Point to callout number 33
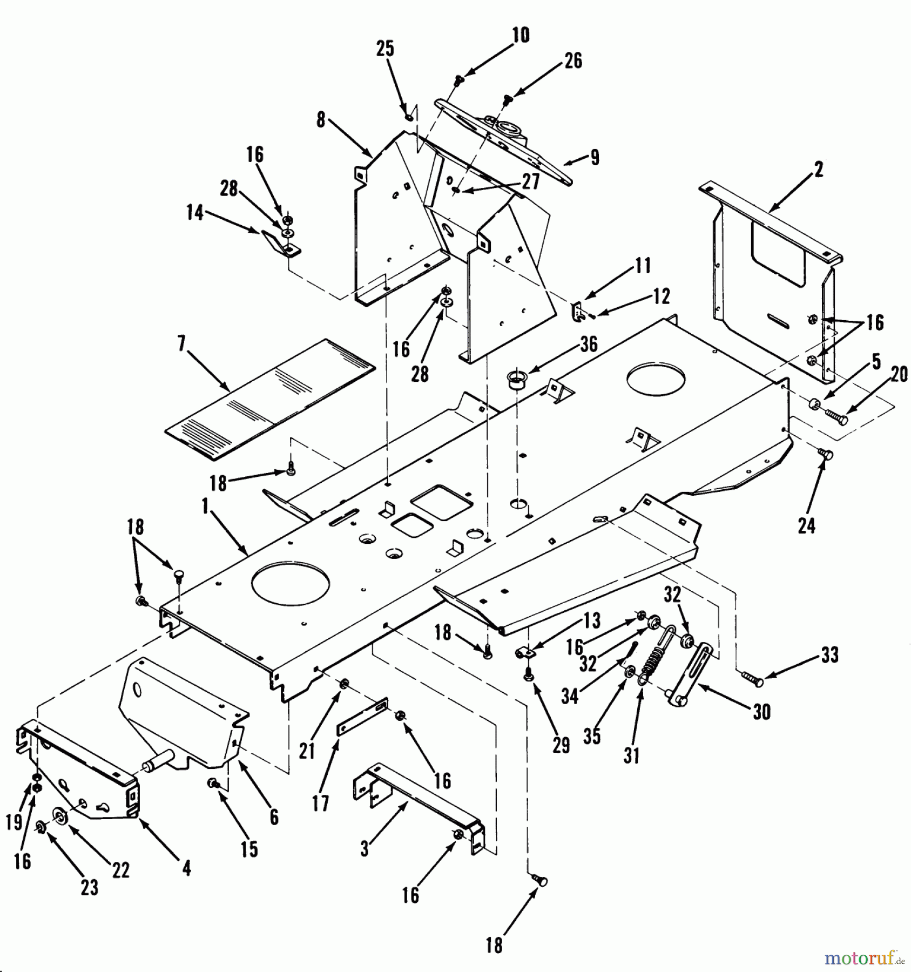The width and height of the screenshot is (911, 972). [x=829, y=656]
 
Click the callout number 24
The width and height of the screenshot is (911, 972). [x=806, y=525]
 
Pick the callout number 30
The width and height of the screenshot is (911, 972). [x=761, y=712]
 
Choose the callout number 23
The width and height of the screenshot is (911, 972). [x=90, y=887]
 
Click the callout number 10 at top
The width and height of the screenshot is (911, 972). [x=521, y=36]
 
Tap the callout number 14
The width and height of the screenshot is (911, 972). [x=195, y=213]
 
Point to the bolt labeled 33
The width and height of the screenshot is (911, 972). [x=751, y=679]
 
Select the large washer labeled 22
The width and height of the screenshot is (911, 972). [x=59, y=815]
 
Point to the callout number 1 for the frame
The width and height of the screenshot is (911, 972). [x=205, y=506]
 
